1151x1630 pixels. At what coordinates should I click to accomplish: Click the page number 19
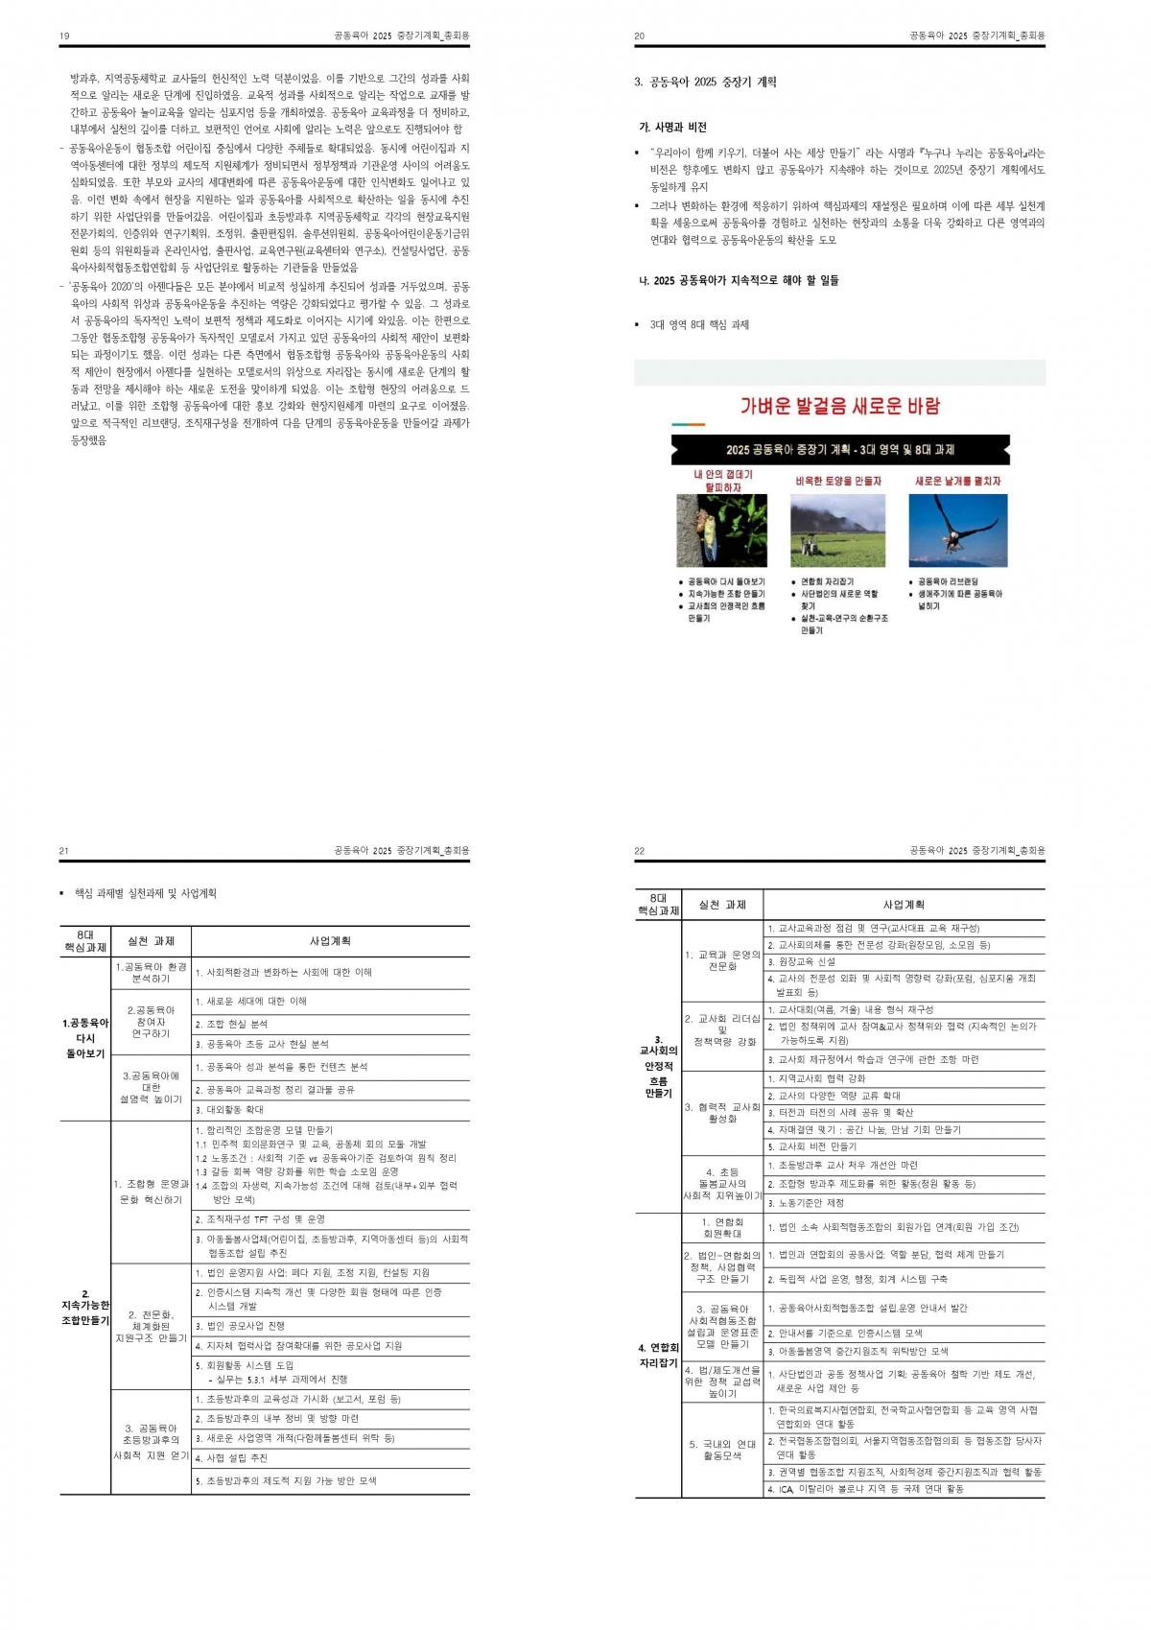click(x=64, y=36)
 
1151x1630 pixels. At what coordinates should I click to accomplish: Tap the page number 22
click(x=640, y=851)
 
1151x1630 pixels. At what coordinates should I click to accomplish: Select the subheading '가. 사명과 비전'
click(x=673, y=128)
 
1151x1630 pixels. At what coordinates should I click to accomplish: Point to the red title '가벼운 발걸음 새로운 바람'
click(x=840, y=406)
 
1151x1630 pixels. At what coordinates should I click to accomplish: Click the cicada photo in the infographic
click(x=721, y=531)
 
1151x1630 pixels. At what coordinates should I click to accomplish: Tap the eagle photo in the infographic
click(x=958, y=531)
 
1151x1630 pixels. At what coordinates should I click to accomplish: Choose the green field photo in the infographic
click(x=837, y=531)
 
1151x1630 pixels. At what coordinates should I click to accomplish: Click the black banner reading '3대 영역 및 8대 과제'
click(x=840, y=450)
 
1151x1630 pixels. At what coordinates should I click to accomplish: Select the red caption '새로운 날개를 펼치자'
click(x=957, y=482)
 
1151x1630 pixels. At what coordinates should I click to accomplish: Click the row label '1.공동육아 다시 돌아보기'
click(x=85, y=1038)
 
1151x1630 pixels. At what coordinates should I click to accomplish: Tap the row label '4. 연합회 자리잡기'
click(x=658, y=1355)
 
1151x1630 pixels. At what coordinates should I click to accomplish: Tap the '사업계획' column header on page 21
click(x=330, y=941)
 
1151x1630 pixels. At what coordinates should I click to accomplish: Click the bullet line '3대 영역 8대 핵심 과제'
click(x=699, y=325)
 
